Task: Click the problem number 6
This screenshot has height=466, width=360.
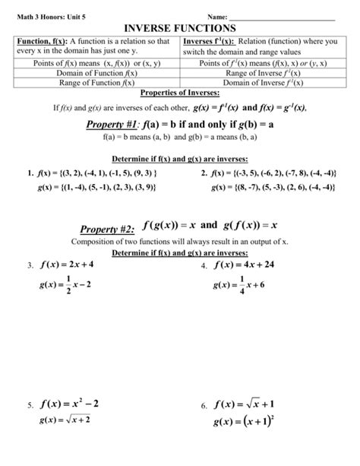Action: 204,406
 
